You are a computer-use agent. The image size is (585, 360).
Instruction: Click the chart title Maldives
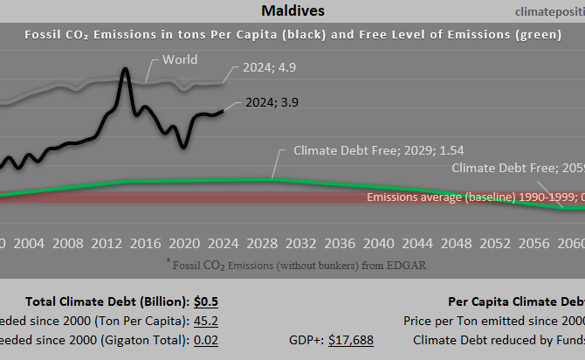pos(292,10)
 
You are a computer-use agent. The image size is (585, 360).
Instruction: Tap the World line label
pos(180,60)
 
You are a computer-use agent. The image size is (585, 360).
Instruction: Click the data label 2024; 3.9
pos(272,102)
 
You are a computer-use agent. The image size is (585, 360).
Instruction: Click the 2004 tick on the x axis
pos(29,242)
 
